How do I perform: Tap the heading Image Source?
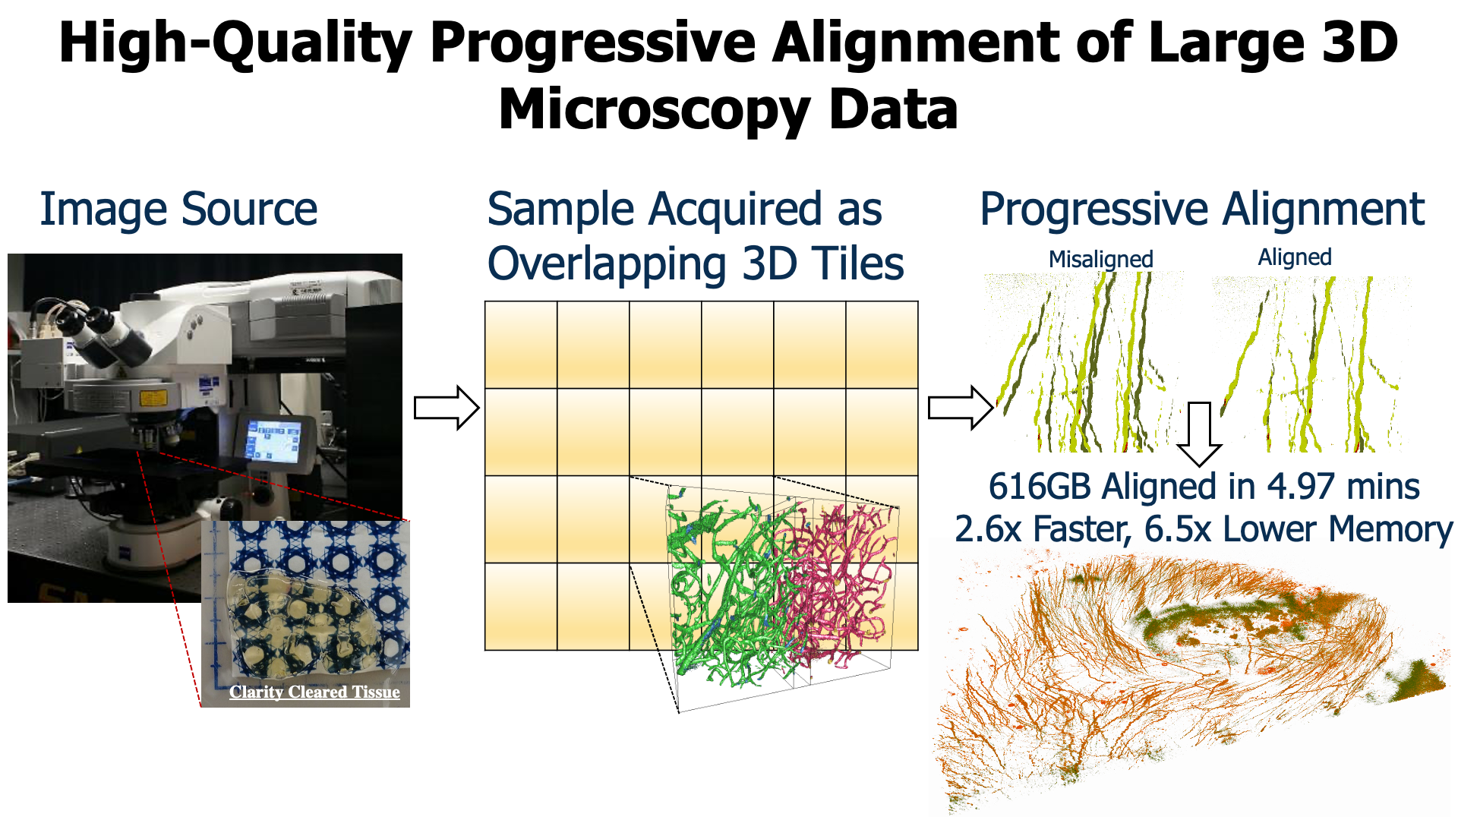[x=178, y=209]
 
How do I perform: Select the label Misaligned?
[x=1101, y=259]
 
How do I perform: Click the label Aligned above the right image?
[x=1295, y=257]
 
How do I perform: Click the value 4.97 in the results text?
[x=1301, y=486]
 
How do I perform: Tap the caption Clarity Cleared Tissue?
[x=314, y=692]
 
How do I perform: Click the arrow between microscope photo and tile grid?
[x=447, y=408]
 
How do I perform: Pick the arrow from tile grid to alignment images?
[x=961, y=408]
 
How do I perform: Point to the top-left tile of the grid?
[x=521, y=345]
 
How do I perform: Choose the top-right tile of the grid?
[x=882, y=345]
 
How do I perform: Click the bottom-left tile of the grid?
[x=521, y=607]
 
